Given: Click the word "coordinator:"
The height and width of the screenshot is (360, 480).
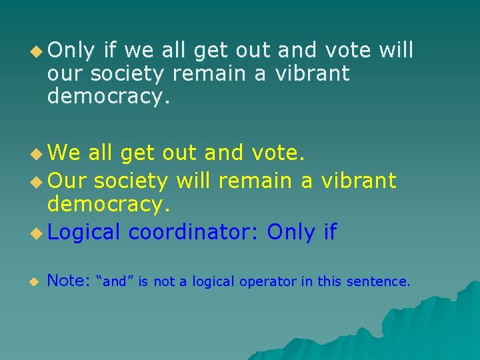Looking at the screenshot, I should [194, 232].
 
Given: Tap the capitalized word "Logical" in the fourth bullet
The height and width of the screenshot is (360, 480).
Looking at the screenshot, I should [84, 232].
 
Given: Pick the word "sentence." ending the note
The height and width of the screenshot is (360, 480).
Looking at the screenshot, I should [377, 281].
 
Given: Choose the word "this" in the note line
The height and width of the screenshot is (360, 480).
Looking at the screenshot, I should [329, 281].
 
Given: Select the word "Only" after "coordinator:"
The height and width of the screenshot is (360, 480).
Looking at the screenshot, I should [291, 232].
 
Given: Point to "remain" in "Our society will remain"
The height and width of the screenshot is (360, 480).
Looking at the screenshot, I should [256, 180].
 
